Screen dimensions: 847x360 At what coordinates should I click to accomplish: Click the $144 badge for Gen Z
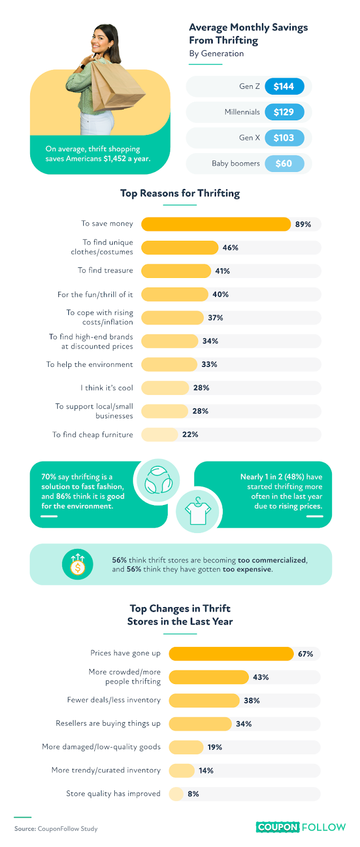tap(284, 86)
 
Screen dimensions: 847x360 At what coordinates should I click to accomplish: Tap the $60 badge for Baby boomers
tap(284, 164)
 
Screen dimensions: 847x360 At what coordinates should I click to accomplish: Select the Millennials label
tap(242, 112)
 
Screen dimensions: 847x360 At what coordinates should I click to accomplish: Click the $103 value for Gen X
tap(284, 138)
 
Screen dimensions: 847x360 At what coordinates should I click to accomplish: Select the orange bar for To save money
tap(215, 224)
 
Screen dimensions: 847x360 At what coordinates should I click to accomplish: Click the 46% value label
tap(230, 248)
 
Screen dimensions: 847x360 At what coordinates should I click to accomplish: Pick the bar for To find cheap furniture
tap(159, 435)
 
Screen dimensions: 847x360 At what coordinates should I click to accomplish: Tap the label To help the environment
tap(89, 365)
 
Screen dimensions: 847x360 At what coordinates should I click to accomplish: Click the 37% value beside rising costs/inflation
tap(215, 318)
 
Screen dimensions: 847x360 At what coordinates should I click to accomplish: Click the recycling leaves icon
tap(158, 480)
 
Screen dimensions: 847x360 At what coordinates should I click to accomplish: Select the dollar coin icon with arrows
tap(77, 565)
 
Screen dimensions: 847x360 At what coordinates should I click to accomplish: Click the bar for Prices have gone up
tap(231, 654)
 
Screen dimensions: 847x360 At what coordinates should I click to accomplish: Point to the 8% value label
tap(193, 794)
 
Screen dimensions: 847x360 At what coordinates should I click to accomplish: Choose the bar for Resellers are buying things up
tap(200, 724)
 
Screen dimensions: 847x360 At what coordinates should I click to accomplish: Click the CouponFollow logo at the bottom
tap(301, 827)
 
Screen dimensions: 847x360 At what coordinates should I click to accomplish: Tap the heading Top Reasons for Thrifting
tap(180, 193)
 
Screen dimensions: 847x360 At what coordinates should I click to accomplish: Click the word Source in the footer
tap(24, 829)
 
